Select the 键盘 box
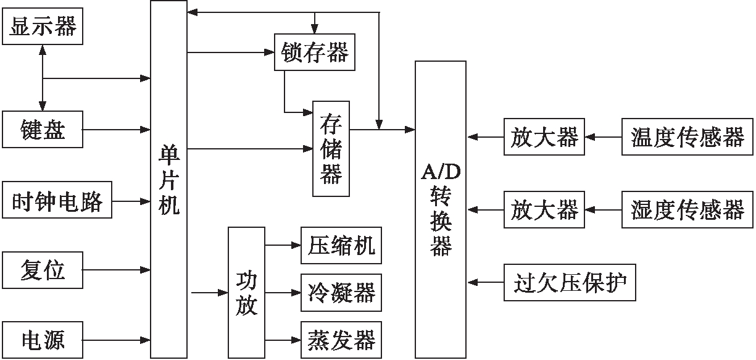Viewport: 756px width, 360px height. tap(42, 130)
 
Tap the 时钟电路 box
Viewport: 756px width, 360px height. tap(57, 200)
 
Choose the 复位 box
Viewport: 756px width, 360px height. tap(42, 270)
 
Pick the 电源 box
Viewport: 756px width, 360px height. tap(42, 339)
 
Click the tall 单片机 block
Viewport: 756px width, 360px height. tap(168, 179)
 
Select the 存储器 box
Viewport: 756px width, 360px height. tap(331, 148)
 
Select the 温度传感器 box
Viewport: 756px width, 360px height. tap(687, 136)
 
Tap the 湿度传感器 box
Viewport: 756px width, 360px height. tap(687, 211)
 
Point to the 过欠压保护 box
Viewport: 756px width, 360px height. tap(570, 283)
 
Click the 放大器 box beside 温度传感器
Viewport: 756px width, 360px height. tap(544, 136)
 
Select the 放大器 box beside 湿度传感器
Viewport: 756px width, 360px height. tap(544, 211)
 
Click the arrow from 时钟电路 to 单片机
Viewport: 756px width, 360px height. tap(131, 201)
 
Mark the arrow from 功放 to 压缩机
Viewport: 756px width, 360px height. tap(283, 245)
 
